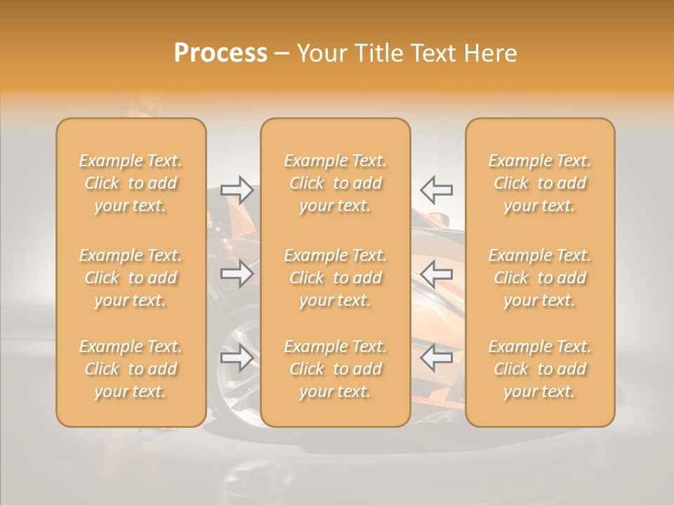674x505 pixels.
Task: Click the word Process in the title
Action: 220,53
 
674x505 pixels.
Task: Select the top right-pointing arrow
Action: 237,190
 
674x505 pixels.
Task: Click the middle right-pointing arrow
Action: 237,274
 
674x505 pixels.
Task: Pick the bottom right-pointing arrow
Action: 237,358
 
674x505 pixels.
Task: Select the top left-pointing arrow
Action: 436,190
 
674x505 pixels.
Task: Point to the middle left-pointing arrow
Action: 436,274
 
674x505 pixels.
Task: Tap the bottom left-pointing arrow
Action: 436,358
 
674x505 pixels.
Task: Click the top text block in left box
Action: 131,183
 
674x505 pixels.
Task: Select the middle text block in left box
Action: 131,278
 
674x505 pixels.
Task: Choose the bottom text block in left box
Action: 131,369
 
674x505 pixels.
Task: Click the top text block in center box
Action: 335,183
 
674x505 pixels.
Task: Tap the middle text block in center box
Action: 335,278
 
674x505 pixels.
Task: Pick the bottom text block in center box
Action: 335,369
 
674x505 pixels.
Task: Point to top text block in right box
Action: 539,183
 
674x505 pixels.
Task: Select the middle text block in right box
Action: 539,278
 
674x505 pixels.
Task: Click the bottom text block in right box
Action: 539,369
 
